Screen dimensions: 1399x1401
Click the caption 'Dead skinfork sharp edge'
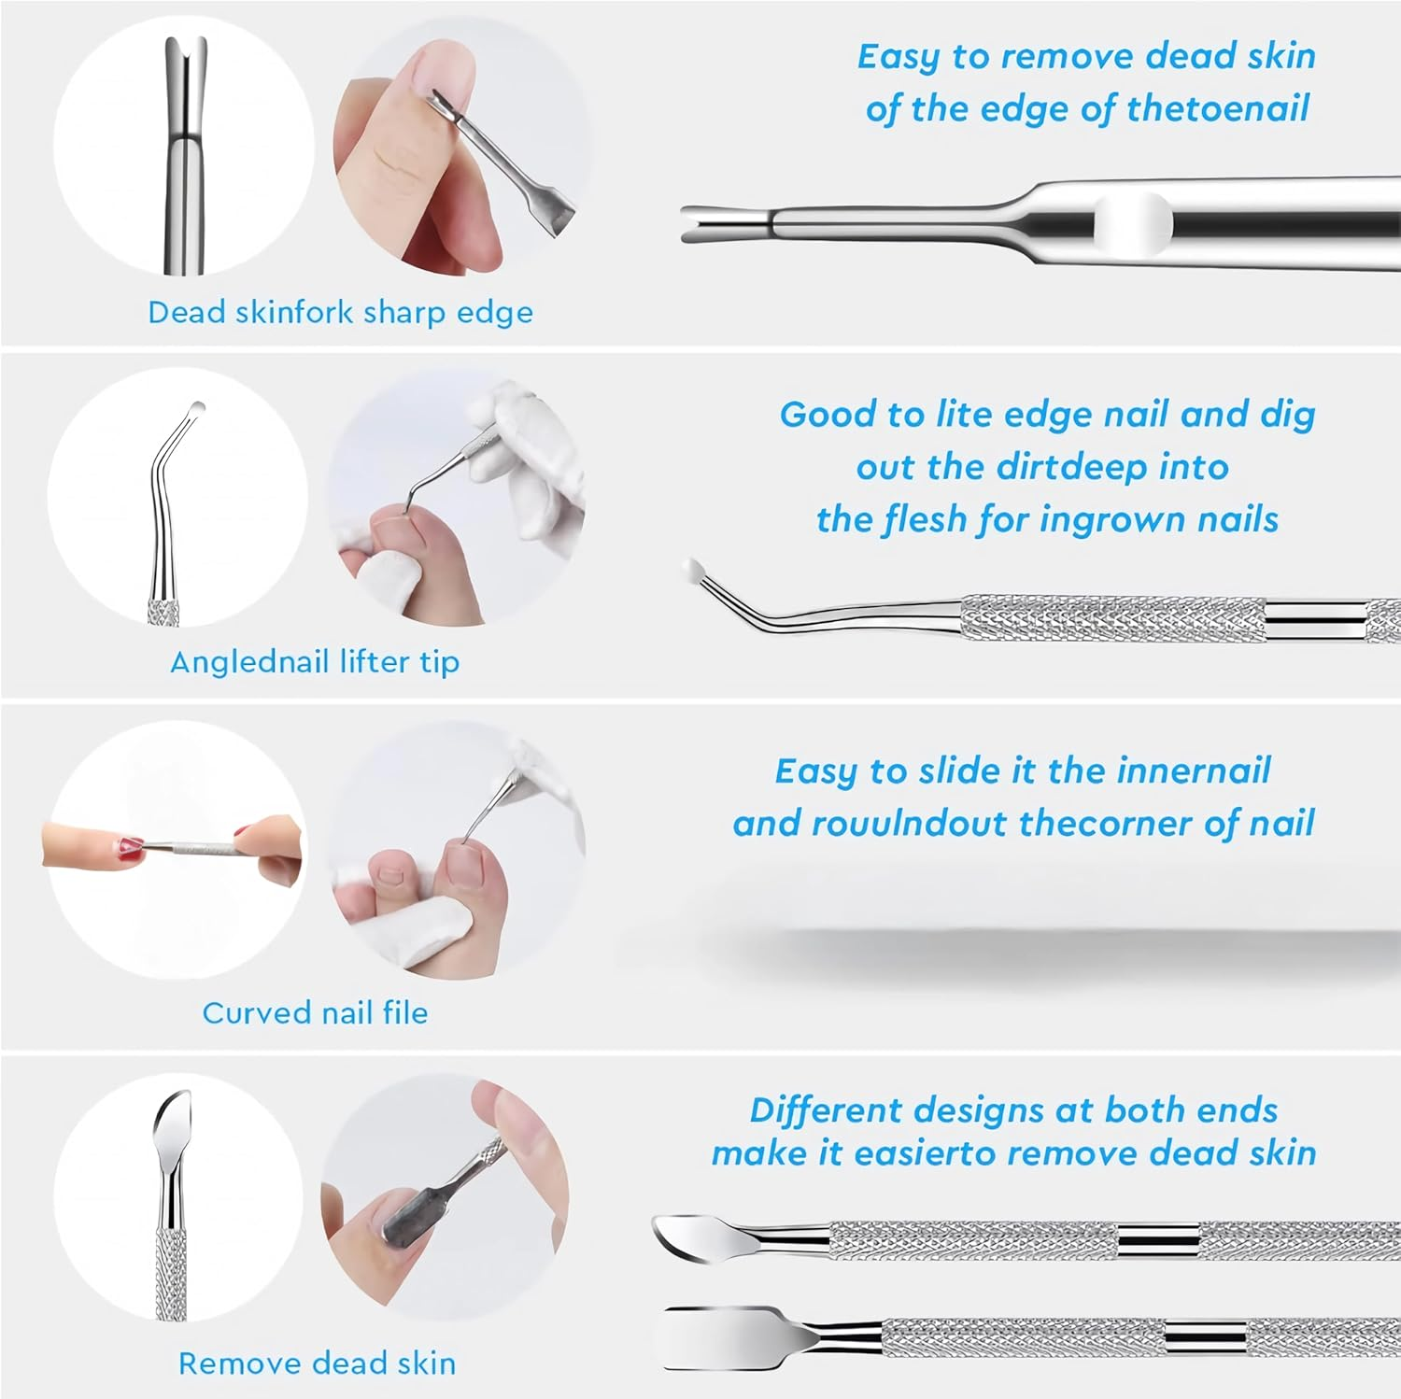[x=340, y=312]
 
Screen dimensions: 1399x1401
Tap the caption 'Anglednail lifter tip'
[x=315, y=662]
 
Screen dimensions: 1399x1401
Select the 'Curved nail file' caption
[x=315, y=1012]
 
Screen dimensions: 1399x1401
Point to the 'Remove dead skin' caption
[x=317, y=1363]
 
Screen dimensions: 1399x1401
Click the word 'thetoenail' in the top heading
[x=1217, y=109]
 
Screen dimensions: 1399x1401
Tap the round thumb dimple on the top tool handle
[x=1133, y=224]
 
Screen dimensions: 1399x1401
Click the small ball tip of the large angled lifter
[x=693, y=568]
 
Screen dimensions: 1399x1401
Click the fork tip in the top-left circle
[x=185, y=75]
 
